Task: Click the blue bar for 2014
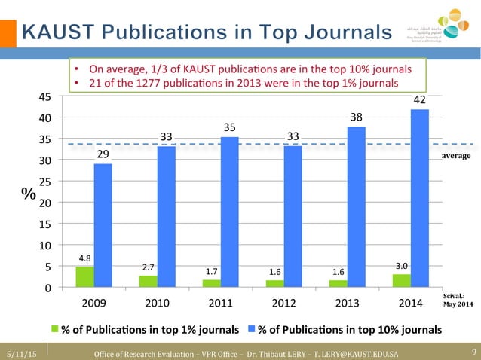[x=419, y=198]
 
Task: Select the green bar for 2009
[x=85, y=276]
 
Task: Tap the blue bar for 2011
[x=229, y=212]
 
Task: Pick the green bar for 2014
[x=401, y=280]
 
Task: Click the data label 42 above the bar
[x=420, y=100]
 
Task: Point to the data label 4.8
[x=85, y=258]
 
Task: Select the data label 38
[x=357, y=117]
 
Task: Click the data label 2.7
[x=149, y=267]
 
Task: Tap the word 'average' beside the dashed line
[x=456, y=155]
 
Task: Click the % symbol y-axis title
[x=29, y=194]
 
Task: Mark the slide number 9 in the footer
[x=471, y=352]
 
